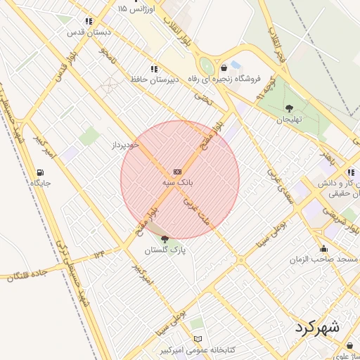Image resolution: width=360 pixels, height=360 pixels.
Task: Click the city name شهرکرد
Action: tap(318, 328)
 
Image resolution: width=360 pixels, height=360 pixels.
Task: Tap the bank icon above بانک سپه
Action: tap(176, 172)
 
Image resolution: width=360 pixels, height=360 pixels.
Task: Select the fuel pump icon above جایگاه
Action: tap(41, 172)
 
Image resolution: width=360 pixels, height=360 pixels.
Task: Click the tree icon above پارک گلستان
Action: tap(165, 239)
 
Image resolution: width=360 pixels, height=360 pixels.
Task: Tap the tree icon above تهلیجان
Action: tap(289, 108)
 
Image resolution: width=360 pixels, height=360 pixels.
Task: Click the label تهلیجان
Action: tap(288, 119)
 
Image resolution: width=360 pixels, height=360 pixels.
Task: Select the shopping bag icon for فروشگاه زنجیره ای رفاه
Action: tap(224, 68)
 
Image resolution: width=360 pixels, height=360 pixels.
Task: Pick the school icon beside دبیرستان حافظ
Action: tap(134, 68)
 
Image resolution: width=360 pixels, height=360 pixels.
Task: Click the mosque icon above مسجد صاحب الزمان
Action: tap(323, 248)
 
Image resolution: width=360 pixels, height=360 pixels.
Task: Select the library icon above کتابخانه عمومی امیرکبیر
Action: tap(198, 339)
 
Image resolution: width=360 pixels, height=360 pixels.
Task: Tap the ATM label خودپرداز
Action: tap(127, 145)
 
